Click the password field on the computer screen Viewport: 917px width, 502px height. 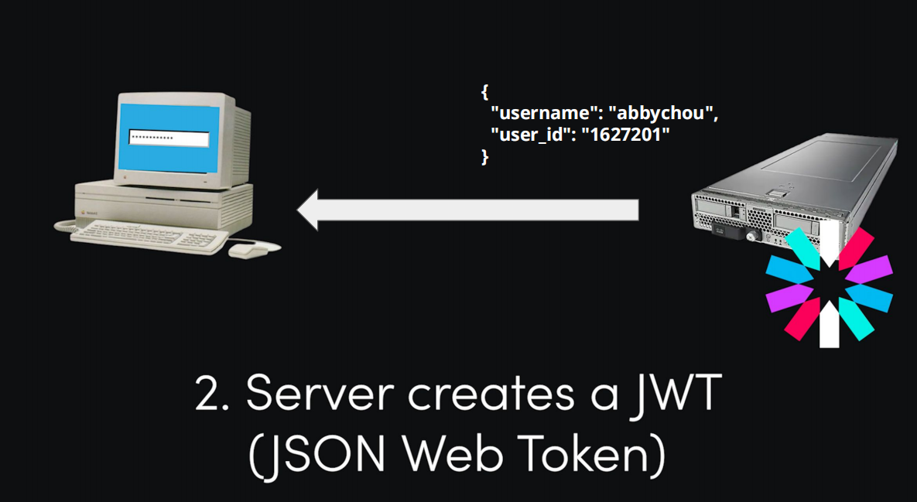pyautogui.click(x=169, y=139)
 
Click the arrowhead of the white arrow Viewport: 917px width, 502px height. pyautogui.click(x=309, y=209)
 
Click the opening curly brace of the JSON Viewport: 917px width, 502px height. pyautogui.click(x=484, y=92)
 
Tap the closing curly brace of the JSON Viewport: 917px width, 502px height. pyautogui.click(x=484, y=155)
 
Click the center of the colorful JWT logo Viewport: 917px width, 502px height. pyautogui.click(x=829, y=288)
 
